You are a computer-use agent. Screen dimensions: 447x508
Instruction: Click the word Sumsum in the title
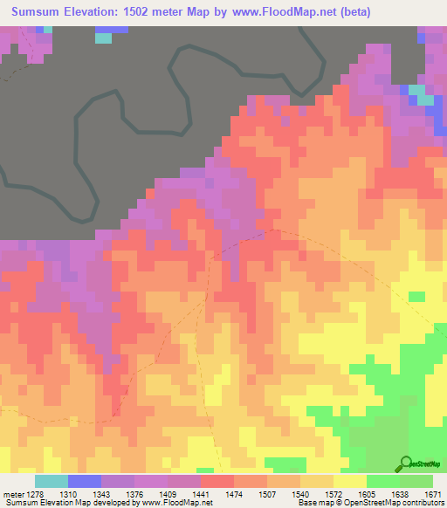[x=38, y=12]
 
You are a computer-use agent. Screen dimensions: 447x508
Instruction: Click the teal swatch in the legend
[x=52, y=481]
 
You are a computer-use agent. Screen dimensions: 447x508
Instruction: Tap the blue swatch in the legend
[x=85, y=481]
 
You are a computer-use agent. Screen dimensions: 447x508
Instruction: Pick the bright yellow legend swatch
[x=350, y=481]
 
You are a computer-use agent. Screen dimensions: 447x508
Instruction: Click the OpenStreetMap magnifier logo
[x=406, y=464]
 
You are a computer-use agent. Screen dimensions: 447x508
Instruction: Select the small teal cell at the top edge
[x=103, y=38]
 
